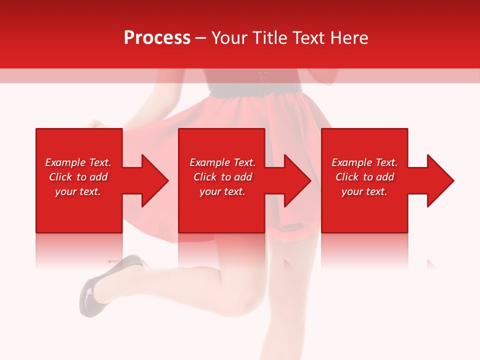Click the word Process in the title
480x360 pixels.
pyautogui.click(x=157, y=38)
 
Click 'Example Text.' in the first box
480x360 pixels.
pyautogui.click(x=78, y=162)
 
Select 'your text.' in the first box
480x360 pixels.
pyautogui.click(x=78, y=191)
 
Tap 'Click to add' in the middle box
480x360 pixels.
pyautogui.click(x=222, y=177)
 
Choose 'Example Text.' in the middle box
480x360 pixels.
pyautogui.click(x=222, y=162)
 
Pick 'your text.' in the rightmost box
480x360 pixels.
pyautogui.click(x=364, y=191)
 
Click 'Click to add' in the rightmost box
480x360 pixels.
pyautogui.click(x=364, y=177)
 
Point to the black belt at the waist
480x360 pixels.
pyautogui.click(x=255, y=89)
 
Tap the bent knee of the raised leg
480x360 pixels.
pyautogui.click(x=250, y=295)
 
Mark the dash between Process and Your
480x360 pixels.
pyautogui.click(x=200, y=38)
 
